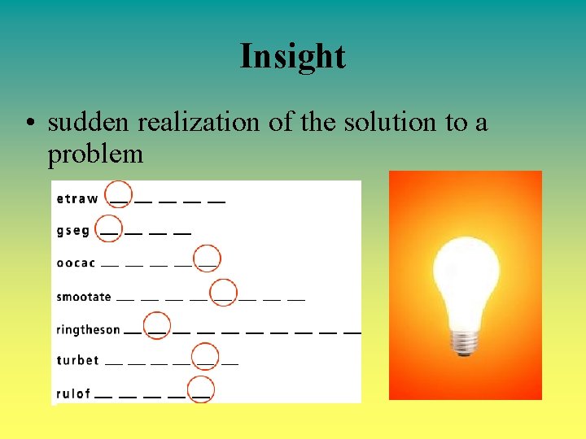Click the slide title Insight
coord(292,56)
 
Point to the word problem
coord(95,153)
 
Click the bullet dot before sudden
coord(29,123)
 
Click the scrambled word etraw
coord(77,198)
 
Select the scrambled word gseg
coord(73,231)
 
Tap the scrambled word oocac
coord(77,263)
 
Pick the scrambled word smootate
coord(84,297)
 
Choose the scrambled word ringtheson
coord(88,329)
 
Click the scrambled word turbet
coord(78,360)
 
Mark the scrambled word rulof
coord(74,393)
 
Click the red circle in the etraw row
coord(119,194)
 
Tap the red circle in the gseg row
coord(108,228)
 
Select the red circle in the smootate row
coord(223,293)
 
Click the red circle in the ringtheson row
coord(157,326)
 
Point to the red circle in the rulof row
coord(200,389)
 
